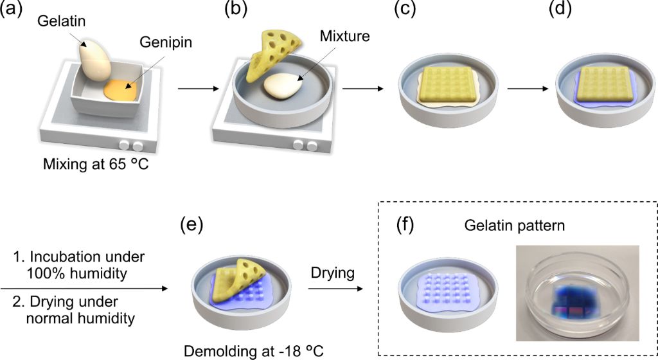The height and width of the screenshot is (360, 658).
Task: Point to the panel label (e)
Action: (x=191, y=224)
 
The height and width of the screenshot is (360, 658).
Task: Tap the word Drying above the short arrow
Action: (x=333, y=273)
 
